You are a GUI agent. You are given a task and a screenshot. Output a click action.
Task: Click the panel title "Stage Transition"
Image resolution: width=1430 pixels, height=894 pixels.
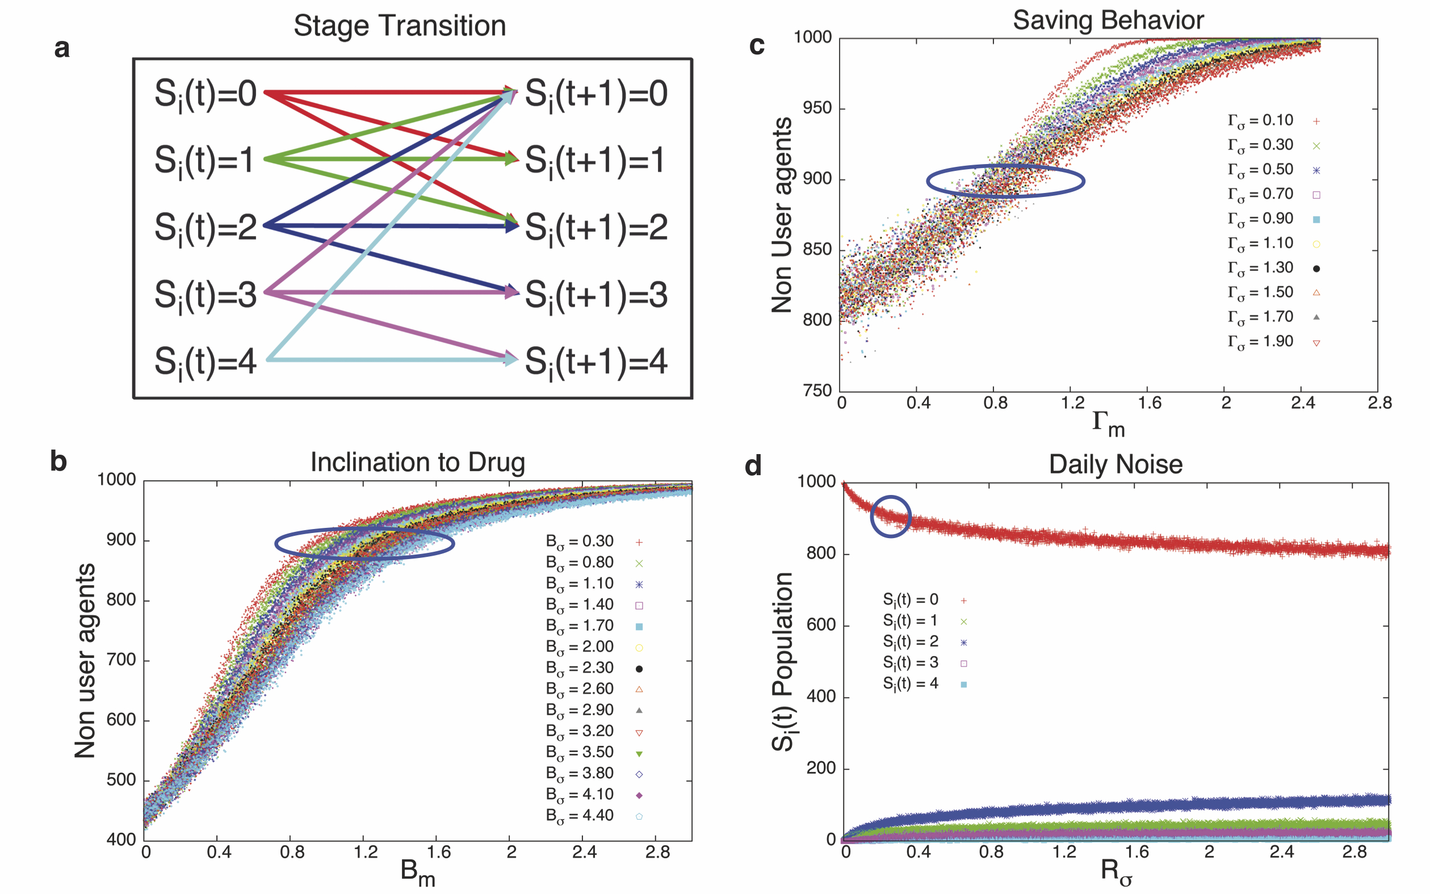pyautogui.click(x=400, y=26)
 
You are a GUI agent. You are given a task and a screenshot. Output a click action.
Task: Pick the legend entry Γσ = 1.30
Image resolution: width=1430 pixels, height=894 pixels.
pyautogui.click(x=1261, y=268)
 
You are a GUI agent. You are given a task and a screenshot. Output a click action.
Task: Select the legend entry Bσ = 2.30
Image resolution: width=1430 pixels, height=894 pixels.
pyautogui.click(x=580, y=668)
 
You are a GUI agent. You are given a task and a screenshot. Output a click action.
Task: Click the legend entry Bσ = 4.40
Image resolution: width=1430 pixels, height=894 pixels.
pyautogui.click(x=580, y=815)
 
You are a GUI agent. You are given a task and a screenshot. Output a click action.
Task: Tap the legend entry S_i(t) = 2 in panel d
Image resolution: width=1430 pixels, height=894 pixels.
pyautogui.click(x=911, y=641)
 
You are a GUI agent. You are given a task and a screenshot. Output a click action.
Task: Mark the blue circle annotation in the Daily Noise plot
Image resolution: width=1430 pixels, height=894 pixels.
pyautogui.click(x=890, y=516)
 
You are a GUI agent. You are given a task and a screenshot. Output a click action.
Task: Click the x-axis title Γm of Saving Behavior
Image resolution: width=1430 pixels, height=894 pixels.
pyautogui.click(x=1108, y=423)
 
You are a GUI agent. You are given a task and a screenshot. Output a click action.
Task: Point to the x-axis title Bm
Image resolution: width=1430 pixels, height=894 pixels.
pyautogui.click(x=417, y=872)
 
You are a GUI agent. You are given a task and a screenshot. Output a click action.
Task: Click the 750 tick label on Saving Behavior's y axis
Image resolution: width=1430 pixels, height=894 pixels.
pyautogui.click(x=817, y=391)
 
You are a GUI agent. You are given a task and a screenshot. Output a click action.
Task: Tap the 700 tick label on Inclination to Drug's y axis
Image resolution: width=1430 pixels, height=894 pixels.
pyautogui.click(x=121, y=660)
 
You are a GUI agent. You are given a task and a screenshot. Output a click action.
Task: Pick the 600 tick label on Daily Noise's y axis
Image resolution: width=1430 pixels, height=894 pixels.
pyautogui.click(x=821, y=625)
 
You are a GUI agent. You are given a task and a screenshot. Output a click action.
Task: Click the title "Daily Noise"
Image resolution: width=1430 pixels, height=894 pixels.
pyautogui.click(x=1116, y=465)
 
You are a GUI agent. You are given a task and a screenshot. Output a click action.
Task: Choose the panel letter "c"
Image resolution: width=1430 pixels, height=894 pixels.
pyautogui.click(x=757, y=45)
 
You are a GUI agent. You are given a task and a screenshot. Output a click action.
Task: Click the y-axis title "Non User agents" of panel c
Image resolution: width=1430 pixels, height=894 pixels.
pyautogui.click(x=782, y=215)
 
